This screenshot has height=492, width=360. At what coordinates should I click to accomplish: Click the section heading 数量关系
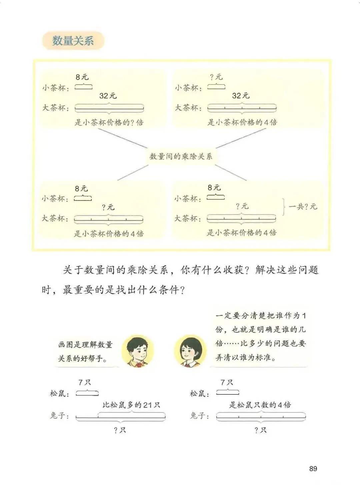point(73,41)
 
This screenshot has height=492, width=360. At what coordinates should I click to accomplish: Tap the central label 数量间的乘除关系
point(181,156)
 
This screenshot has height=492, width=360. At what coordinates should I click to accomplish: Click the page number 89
point(313,468)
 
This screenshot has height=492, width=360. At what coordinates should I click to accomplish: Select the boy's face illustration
point(137,351)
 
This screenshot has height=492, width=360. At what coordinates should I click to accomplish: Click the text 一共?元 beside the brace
point(303,207)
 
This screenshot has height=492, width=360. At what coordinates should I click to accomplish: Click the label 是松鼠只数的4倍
point(260,405)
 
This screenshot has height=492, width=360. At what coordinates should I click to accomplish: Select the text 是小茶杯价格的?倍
point(109,123)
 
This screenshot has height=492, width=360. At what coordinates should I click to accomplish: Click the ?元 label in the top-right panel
point(216,77)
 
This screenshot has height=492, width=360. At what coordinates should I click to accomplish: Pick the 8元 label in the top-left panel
point(82,77)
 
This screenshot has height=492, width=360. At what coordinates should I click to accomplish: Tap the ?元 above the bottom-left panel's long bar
point(108,207)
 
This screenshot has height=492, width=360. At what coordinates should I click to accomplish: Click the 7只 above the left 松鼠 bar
point(85,383)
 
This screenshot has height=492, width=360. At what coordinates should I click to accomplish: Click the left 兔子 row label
point(59,416)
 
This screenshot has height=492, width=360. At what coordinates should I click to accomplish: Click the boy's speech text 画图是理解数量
point(85,345)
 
